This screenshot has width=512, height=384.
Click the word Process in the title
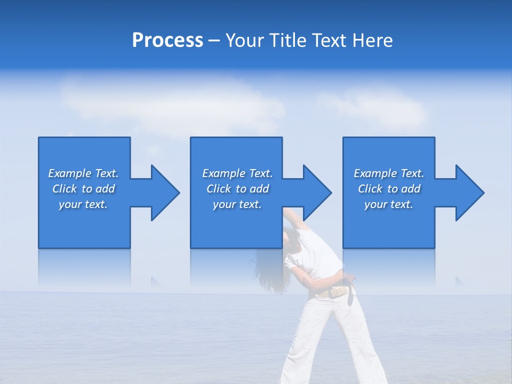click(167, 41)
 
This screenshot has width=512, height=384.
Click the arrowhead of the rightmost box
click(469, 193)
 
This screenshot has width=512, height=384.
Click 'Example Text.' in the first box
click(83, 173)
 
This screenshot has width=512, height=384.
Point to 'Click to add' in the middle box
click(237, 189)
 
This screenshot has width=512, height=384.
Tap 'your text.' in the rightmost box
click(388, 204)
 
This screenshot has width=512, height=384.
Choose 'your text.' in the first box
click(83, 204)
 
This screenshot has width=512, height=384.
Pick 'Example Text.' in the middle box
click(237, 173)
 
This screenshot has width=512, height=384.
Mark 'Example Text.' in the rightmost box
click(388, 173)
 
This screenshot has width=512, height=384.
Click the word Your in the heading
click(244, 41)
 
